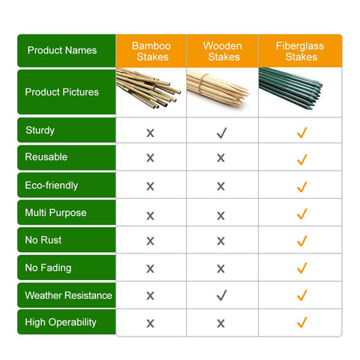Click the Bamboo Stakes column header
tap(151, 52)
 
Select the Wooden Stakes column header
tap(222, 52)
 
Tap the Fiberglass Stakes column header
tap(300, 52)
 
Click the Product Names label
tap(62, 50)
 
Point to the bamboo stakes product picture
tap(147, 88)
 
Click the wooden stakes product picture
tap(218, 88)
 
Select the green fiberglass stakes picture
tap(290, 88)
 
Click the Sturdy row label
tap(40, 131)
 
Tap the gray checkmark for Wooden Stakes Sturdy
tap(221, 133)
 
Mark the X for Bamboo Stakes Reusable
tap(150, 158)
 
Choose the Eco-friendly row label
tap(52, 185)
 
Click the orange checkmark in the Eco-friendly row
tap(302, 187)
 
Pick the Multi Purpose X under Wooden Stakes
tap(221, 216)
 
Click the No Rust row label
tap(43, 240)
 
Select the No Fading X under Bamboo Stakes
tap(150, 268)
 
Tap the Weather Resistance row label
tap(68, 295)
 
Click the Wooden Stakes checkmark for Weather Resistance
tap(221, 295)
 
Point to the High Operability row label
tap(61, 322)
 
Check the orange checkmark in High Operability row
tap(302, 322)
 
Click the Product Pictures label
tap(62, 92)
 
